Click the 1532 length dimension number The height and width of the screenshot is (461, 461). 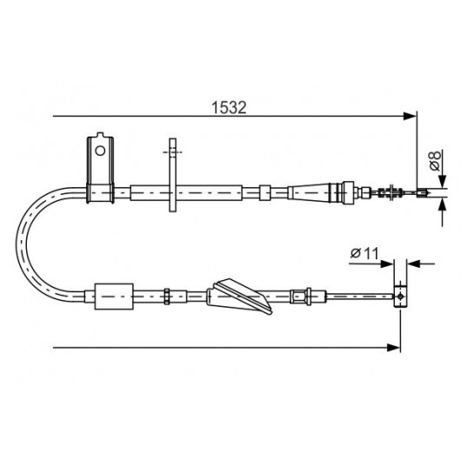(x=229, y=108)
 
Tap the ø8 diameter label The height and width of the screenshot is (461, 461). (x=435, y=161)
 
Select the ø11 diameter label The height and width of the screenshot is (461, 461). (x=364, y=253)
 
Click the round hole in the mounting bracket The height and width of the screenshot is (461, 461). (x=100, y=150)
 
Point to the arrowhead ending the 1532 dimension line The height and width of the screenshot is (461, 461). (x=411, y=117)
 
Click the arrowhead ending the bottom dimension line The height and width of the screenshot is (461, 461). (x=394, y=348)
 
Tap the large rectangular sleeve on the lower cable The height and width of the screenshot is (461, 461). (x=114, y=297)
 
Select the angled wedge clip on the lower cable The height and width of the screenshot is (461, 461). (x=239, y=296)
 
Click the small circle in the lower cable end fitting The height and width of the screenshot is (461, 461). (x=400, y=297)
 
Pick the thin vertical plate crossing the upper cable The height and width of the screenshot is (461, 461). (x=172, y=175)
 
